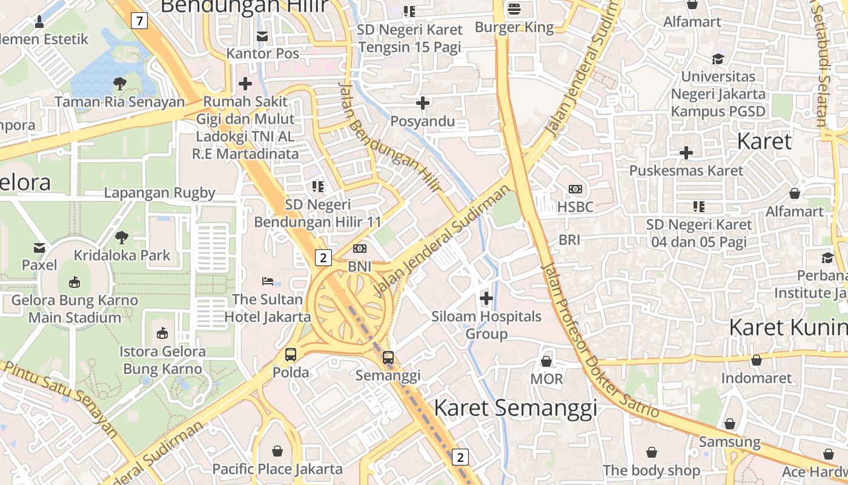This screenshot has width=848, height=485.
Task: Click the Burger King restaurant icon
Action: pos(514,8)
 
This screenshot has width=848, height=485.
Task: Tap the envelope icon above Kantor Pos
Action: pos(262,36)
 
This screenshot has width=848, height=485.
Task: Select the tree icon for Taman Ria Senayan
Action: pos(119,84)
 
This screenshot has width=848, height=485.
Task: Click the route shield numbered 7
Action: pos(140,21)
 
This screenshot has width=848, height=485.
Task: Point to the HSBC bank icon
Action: pos(575,189)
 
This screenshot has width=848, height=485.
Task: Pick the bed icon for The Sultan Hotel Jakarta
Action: pos(268,281)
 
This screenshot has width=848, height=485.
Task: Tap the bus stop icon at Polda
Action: pos(291,355)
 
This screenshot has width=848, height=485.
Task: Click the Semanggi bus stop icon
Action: pos(388,358)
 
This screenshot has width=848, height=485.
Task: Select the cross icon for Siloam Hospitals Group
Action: pos(486,298)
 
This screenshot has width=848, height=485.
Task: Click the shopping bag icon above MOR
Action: pos(546,361)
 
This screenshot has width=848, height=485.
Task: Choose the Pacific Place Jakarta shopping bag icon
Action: pos(277,451)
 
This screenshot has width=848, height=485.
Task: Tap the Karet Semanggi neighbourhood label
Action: pos(515,408)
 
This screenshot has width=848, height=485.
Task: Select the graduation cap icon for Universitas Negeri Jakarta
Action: pos(718,59)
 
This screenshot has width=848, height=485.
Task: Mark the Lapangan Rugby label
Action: pos(159,193)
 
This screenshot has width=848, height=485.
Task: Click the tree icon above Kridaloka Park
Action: pos(122,237)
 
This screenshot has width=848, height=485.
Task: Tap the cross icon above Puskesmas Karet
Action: pos(686,153)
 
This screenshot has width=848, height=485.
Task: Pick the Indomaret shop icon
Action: pos(756,361)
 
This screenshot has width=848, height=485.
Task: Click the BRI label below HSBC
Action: pos(569,240)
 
